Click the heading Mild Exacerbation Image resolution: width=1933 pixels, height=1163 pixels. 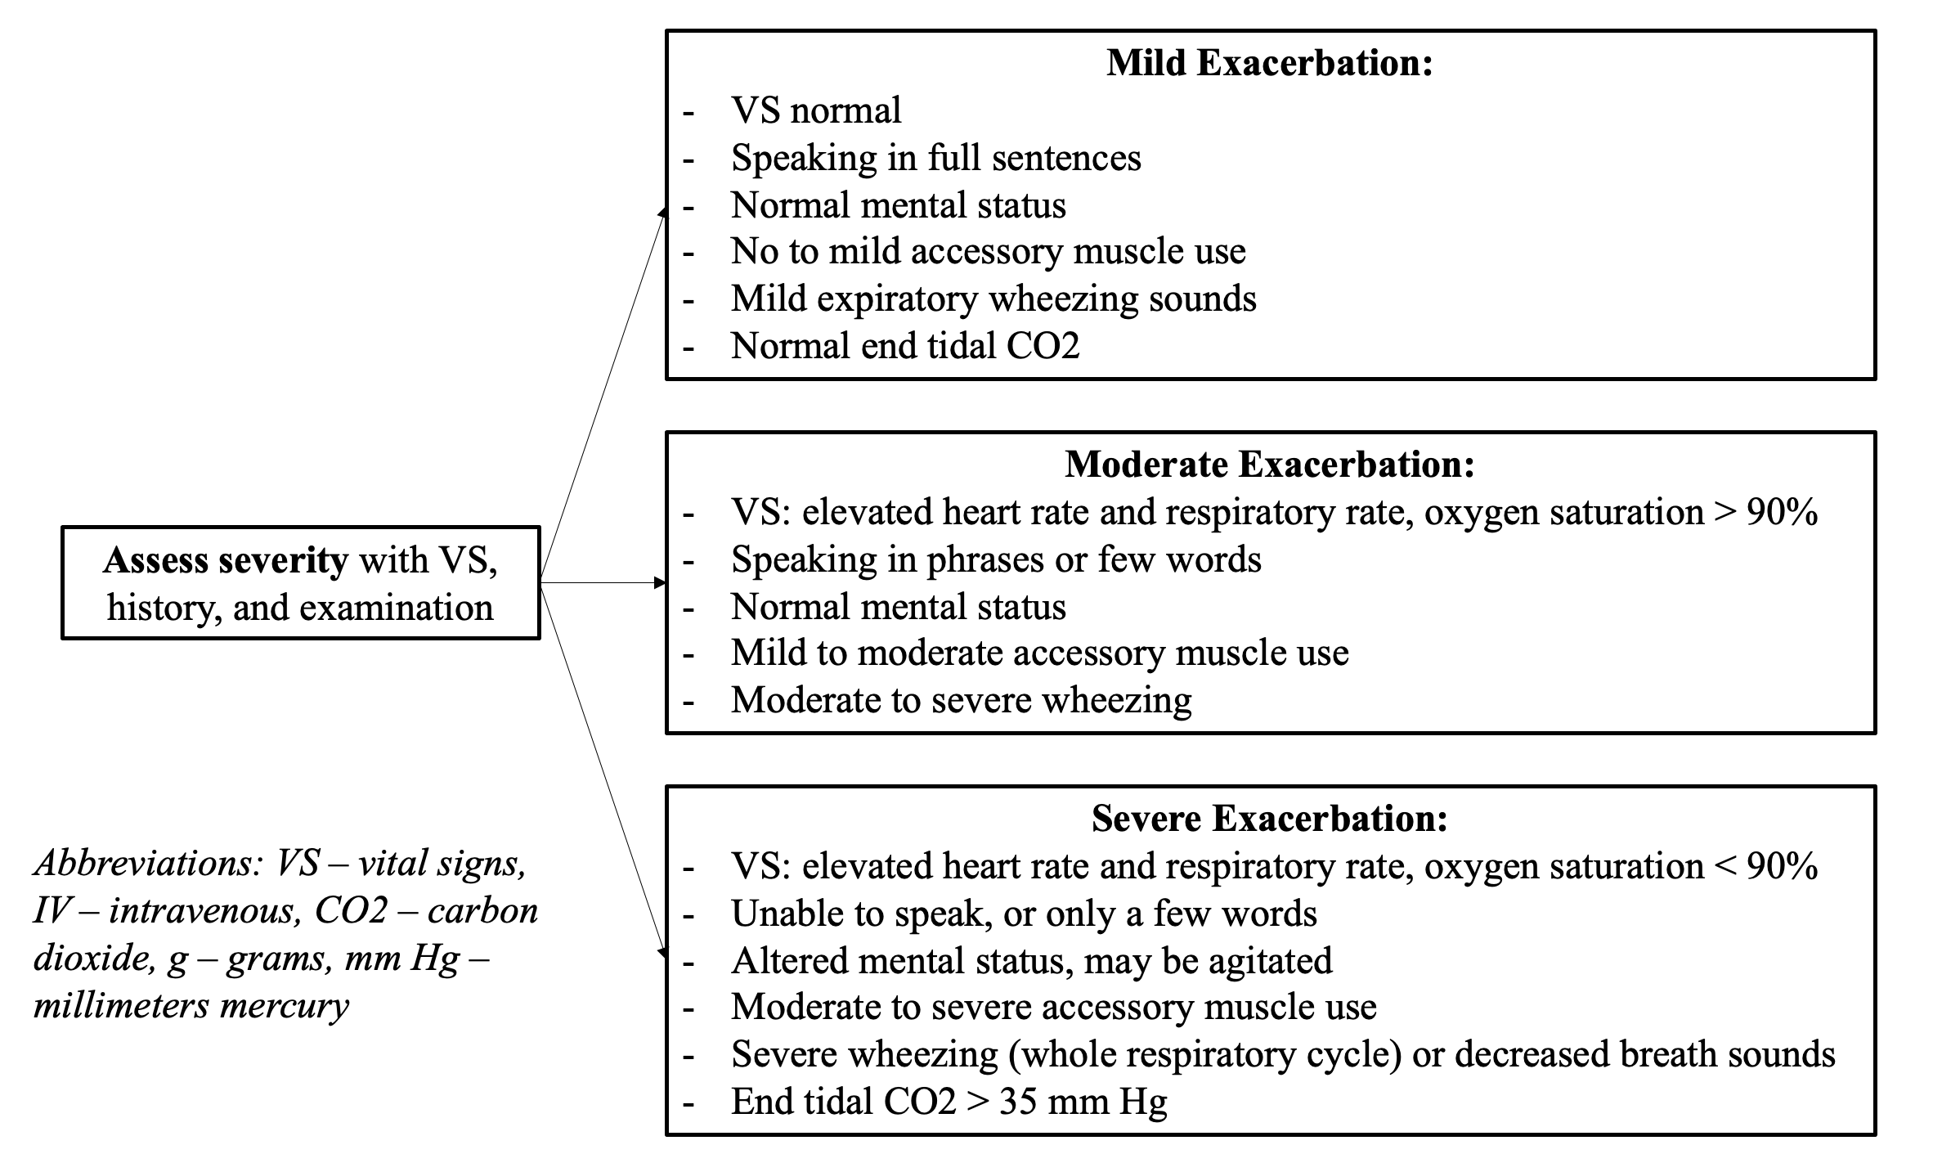pos(1270,63)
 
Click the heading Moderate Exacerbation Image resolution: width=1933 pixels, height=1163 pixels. pos(1270,464)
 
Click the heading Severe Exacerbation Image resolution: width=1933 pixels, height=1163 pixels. pos(1270,818)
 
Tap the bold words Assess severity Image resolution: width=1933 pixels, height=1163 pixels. pos(226,561)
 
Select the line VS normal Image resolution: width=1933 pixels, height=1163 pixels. pos(816,110)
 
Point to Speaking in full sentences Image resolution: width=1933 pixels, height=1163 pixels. pos(936,158)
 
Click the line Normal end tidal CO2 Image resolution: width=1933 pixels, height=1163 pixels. pos(905,345)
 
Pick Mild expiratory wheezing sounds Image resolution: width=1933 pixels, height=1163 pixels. pos(993,299)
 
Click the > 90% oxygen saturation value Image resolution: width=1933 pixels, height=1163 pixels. pos(1761,512)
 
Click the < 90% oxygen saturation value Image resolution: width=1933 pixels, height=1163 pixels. pos(1761,866)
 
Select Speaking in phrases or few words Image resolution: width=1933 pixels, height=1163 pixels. pos(996,559)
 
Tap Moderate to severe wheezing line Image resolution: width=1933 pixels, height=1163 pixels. pos(962,700)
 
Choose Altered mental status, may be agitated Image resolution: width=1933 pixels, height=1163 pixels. pos(1032,960)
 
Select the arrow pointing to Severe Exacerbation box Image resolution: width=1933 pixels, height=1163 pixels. pos(603,770)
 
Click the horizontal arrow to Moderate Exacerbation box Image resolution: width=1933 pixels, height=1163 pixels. pos(603,583)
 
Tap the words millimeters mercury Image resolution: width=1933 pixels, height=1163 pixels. pos(191,1005)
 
